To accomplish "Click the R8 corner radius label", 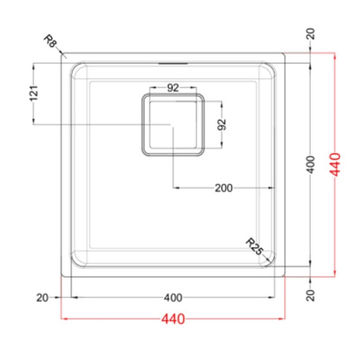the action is pos(50,41).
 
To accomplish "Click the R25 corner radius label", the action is pos(254,246).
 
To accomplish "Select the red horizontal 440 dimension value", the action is pos(173,319).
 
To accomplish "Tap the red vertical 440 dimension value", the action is pos(335,164).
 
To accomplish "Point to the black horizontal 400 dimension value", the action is pos(173,298).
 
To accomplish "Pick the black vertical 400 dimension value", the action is pos(311,164).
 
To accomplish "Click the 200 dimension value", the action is pos(224,188).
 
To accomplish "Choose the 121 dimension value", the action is pos(34,93).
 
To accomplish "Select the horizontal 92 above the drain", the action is pos(173,88).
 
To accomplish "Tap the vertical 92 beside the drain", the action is pos(222,125).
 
